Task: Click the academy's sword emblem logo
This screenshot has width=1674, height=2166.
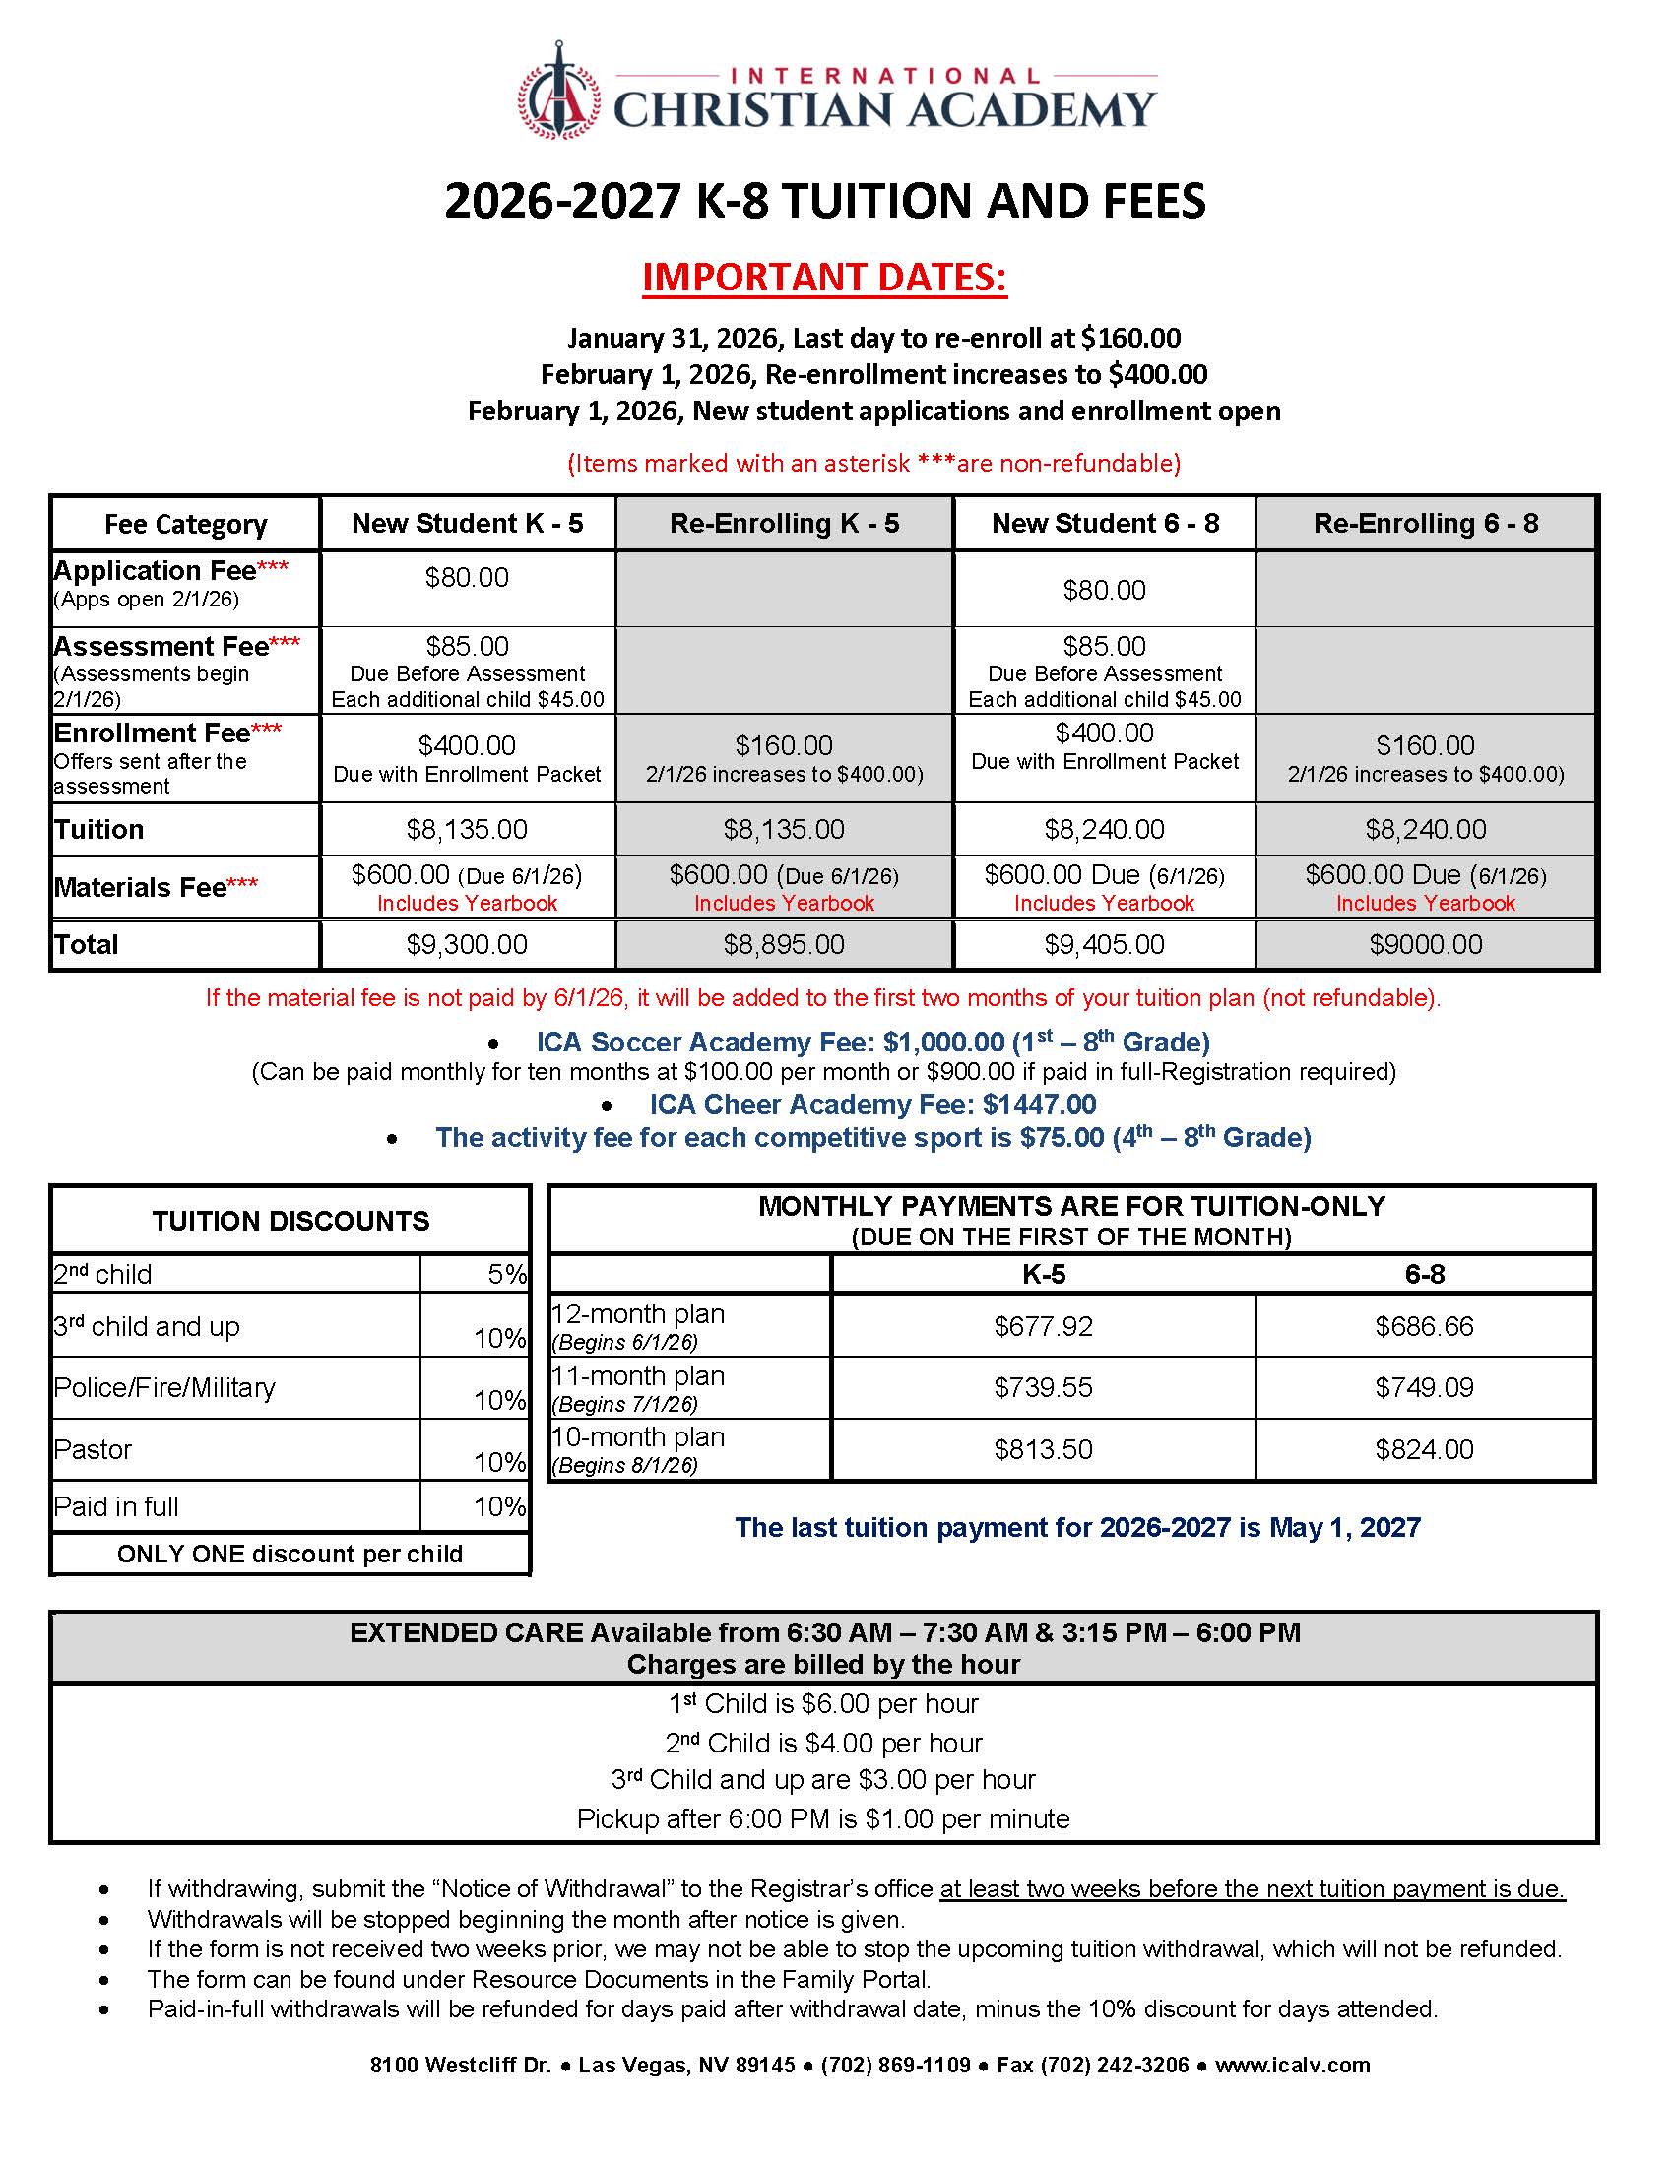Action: coord(558,92)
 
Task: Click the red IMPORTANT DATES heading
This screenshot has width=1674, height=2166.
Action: coord(824,277)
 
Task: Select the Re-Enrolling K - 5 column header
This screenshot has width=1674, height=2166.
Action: coord(784,523)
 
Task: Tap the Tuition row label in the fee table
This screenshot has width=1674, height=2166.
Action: coord(99,829)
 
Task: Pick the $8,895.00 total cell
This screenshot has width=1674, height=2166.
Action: coord(784,944)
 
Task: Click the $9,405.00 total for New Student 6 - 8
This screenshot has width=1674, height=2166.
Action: coord(1104,944)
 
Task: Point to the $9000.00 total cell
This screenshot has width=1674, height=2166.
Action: coord(1425,944)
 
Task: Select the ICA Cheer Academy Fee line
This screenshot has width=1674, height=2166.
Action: coord(871,1104)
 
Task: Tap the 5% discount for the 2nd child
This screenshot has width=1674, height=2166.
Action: coord(506,1274)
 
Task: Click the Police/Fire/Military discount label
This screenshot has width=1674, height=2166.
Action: coord(164,1387)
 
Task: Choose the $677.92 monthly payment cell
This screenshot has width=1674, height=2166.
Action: coord(1043,1326)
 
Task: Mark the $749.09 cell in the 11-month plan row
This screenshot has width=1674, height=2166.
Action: coord(1424,1387)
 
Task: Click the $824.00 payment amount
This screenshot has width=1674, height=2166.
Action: coord(1424,1449)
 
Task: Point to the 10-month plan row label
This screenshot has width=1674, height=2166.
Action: coord(639,1437)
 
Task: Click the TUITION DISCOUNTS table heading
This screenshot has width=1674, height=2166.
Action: coord(290,1221)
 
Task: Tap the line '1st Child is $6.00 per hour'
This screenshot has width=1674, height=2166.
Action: coord(823,1704)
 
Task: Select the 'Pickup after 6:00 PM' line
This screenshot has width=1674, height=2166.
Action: coord(823,1818)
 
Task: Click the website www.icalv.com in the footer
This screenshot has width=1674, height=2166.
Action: coord(1292,2065)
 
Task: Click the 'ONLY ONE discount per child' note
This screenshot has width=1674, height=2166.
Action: coord(290,1553)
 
